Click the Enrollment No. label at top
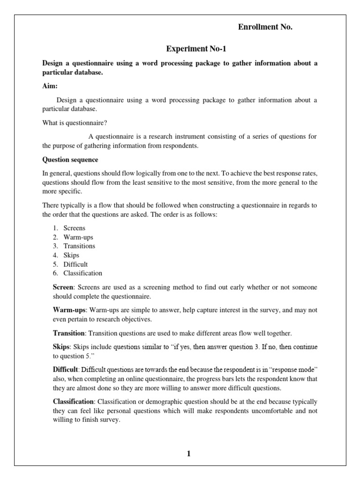pos(265,27)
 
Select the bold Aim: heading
pos(50,86)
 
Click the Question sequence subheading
pos(70,159)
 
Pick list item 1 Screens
pos(75,228)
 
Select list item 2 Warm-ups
pos(78,237)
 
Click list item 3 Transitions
pos(79,246)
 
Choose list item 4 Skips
pos(71,255)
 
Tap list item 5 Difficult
pos(75,264)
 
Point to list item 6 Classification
pos(82,273)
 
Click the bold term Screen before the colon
pos(63,287)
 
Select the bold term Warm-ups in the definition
pos(69,310)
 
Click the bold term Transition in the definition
pos(68,333)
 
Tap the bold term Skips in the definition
pos(61,347)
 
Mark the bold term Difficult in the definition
pos(66,370)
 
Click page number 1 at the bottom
pos(188,453)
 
